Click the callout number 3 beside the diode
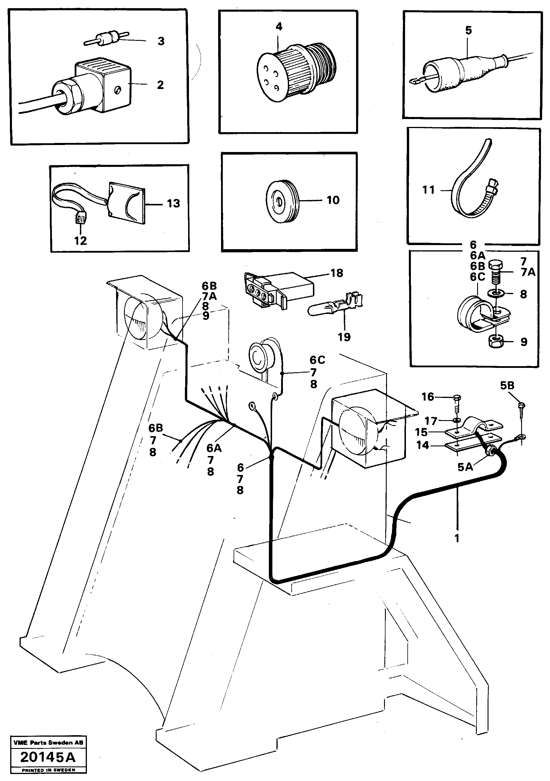coord(161,41)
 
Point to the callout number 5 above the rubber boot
coord(468,30)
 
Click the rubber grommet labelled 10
coord(281,202)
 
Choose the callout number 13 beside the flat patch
coord(173,203)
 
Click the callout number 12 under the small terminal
coord(80,241)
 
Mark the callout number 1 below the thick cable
coord(457,538)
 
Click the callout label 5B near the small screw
coord(507,385)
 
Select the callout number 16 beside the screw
coord(428,396)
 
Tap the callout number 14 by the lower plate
coord(423,445)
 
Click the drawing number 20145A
coord(48,757)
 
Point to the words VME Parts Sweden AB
coord(48,742)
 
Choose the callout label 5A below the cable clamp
coord(465,467)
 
